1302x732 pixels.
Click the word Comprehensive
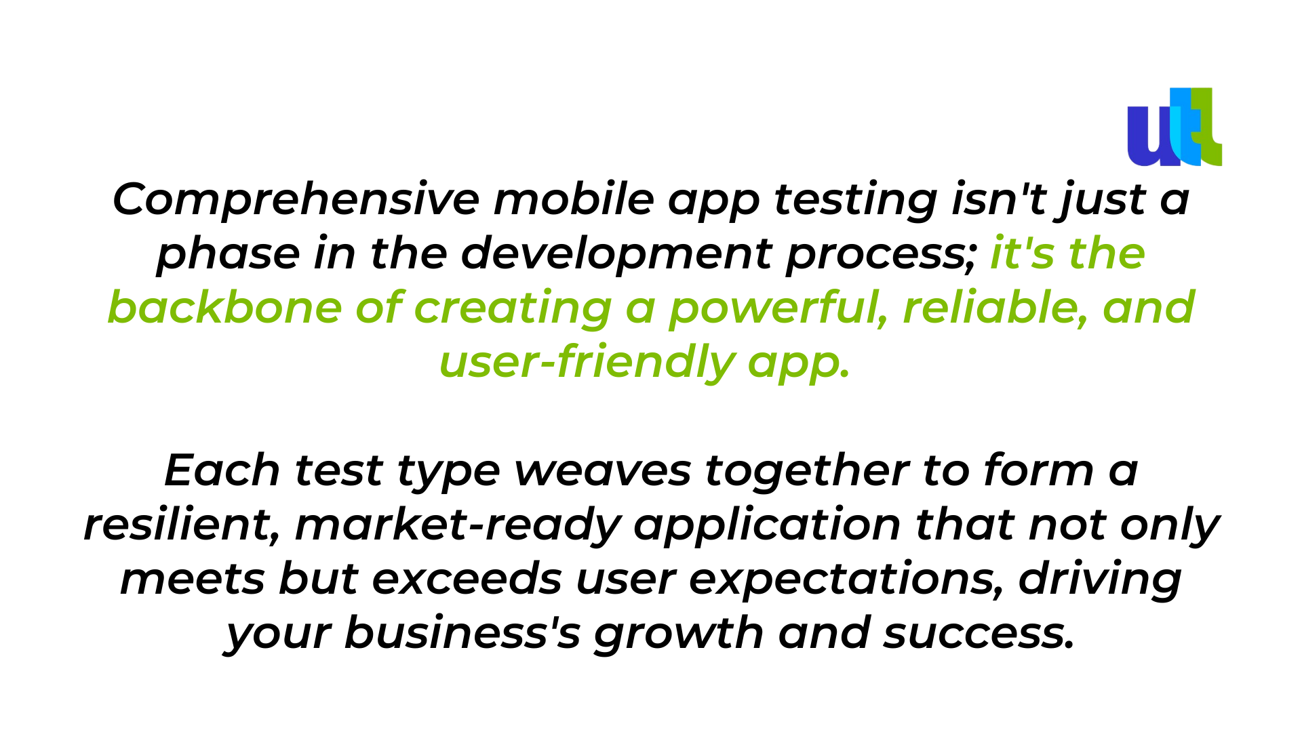[296, 200]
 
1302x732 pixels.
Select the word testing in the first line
[855, 201]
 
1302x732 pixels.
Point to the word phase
[228, 255]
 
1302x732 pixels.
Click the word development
[616, 255]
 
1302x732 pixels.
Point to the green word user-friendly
[587, 363]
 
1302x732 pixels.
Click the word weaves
[602, 472]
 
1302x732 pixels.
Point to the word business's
[462, 633]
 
